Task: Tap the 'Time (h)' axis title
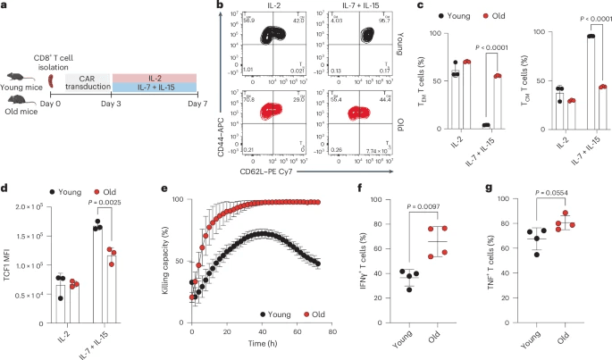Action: [x=262, y=344]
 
